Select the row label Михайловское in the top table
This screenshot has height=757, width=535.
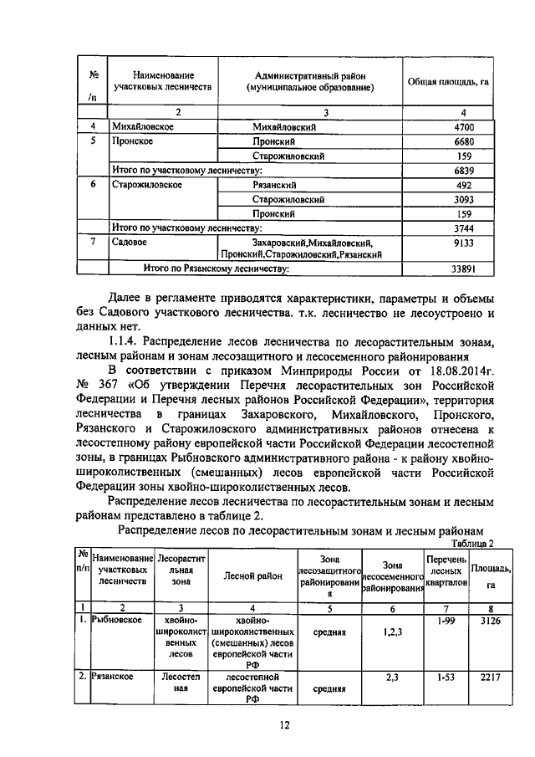pos(143,126)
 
